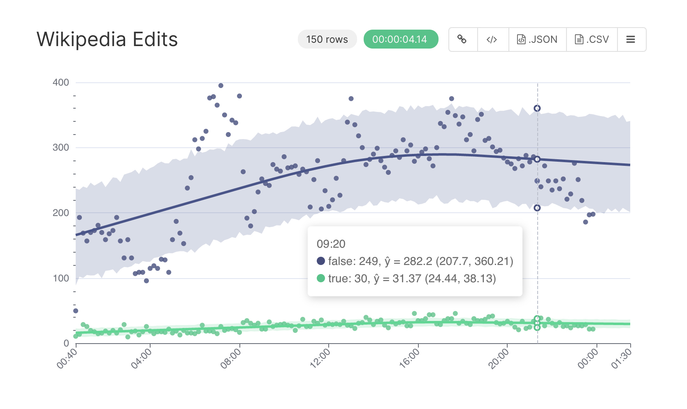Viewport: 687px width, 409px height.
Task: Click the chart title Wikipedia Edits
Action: tap(107, 40)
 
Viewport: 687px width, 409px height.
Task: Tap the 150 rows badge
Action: tap(327, 40)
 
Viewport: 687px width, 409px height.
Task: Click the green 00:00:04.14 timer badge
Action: tap(401, 40)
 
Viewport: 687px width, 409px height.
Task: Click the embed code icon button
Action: tap(492, 40)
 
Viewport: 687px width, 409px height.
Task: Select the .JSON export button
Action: tap(537, 40)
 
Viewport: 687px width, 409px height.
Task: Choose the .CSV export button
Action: tap(592, 40)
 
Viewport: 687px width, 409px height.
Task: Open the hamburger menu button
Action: tap(631, 40)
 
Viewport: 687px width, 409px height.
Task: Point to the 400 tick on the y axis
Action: tap(61, 82)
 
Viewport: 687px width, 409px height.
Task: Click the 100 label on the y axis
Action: tap(61, 278)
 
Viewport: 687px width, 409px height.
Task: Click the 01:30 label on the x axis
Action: tap(621, 358)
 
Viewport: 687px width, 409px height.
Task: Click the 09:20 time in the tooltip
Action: tap(331, 244)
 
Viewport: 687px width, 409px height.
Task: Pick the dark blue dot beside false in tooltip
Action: tap(321, 261)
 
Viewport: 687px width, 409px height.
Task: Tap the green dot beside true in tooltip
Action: tap(321, 279)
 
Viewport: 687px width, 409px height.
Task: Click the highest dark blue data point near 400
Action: tap(221, 86)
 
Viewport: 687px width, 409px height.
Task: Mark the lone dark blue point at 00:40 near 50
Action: tap(76, 311)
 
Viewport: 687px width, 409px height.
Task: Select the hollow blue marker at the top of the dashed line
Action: tap(537, 108)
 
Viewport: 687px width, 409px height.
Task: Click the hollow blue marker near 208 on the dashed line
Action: tap(537, 208)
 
